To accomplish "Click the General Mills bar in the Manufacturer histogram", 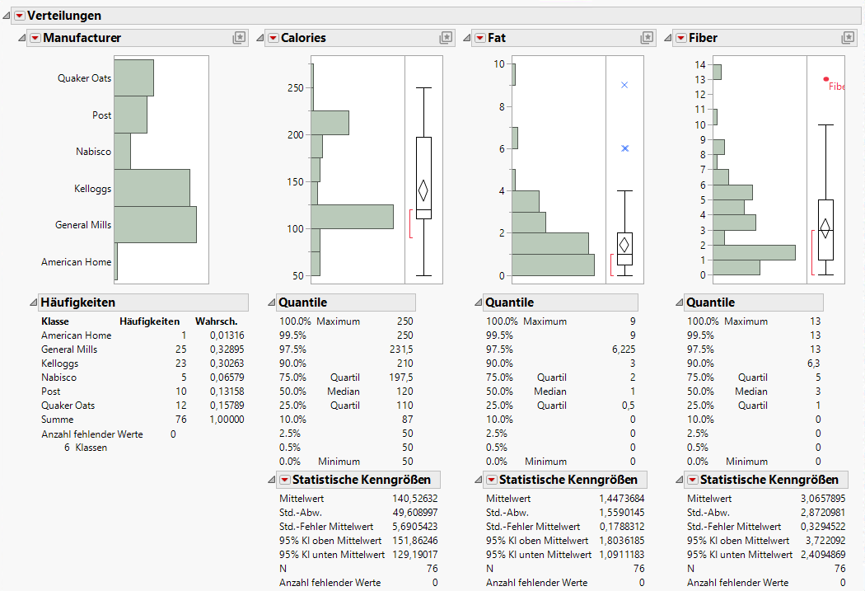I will (x=155, y=224).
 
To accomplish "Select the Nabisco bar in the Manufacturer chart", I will (x=122, y=151).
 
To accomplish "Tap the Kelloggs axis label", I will (x=92, y=189).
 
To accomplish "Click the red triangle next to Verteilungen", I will (x=19, y=16).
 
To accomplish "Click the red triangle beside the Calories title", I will (x=273, y=38).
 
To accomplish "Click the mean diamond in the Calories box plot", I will (x=423, y=190).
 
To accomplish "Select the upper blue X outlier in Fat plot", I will (x=624, y=85).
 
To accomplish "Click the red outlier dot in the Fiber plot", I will (x=826, y=79).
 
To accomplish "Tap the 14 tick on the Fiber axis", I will (x=701, y=64).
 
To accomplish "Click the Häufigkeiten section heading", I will (x=78, y=303).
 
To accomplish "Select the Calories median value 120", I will (x=404, y=392).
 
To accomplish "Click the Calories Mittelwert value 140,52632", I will (x=415, y=499).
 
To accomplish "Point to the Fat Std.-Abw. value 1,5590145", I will (x=622, y=513).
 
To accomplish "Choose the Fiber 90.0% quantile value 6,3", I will (x=813, y=364).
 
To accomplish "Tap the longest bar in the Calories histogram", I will (x=352, y=217).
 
